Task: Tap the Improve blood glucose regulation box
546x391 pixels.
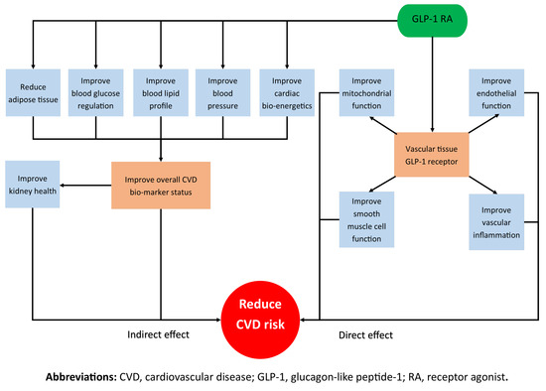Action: point(96,90)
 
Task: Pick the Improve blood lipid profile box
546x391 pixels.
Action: point(160,90)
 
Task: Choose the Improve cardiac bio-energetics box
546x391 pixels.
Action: point(287,90)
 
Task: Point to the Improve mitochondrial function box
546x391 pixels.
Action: point(368,90)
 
